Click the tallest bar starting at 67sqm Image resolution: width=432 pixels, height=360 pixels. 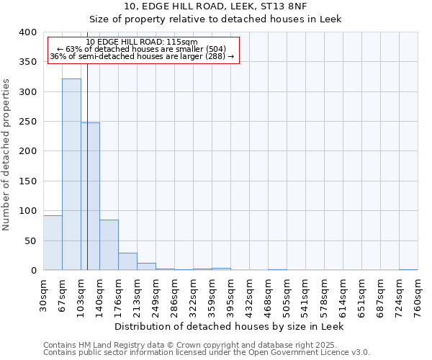[x=71, y=174]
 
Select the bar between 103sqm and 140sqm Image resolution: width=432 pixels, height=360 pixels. [x=90, y=196]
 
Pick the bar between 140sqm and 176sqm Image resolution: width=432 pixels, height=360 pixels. [x=109, y=245]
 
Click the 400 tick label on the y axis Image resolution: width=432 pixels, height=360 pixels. [x=28, y=33]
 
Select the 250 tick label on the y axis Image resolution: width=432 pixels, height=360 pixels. [x=28, y=122]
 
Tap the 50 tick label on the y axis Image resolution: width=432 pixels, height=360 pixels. [x=31, y=241]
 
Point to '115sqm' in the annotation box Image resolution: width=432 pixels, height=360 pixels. [x=174, y=42]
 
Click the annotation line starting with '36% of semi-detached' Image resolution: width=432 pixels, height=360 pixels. [x=142, y=56]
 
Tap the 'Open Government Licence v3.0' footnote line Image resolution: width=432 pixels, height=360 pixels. [x=207, y=353]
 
